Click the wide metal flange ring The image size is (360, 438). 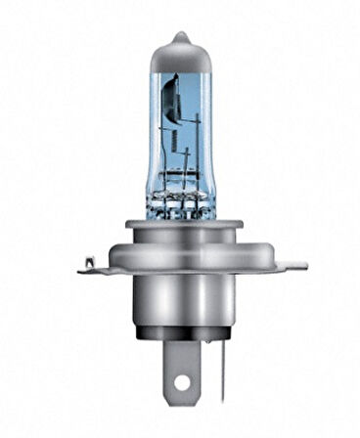(x=179, y=252)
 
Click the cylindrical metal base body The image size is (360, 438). (x=179, y=303)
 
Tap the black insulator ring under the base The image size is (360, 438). (x=179, y=343)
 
